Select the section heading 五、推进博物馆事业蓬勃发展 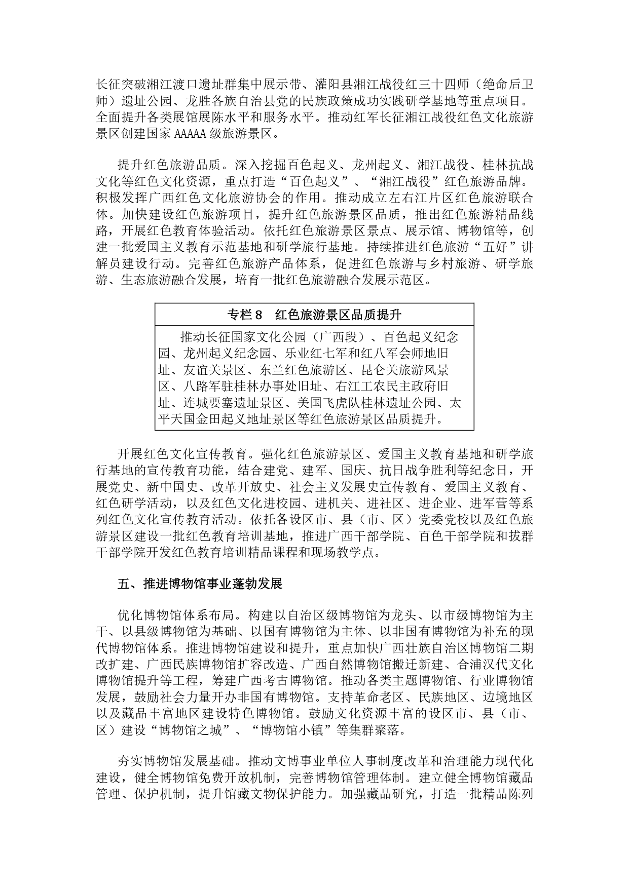200,584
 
